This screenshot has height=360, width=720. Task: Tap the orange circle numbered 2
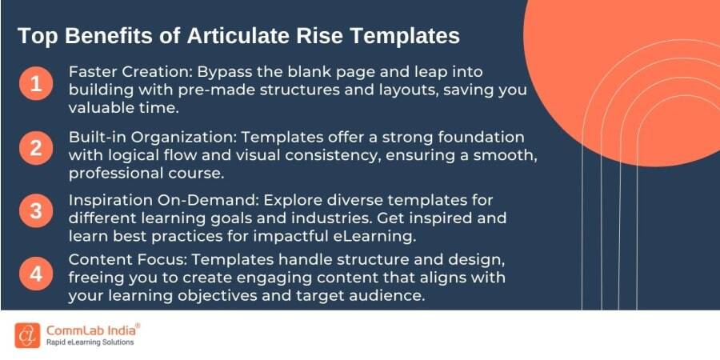35,148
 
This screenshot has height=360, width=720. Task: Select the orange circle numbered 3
35,211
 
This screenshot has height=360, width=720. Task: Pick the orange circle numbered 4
35,274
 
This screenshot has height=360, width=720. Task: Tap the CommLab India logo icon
26,334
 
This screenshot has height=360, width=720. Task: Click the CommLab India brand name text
93,329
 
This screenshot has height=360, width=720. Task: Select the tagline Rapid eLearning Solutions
90,342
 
